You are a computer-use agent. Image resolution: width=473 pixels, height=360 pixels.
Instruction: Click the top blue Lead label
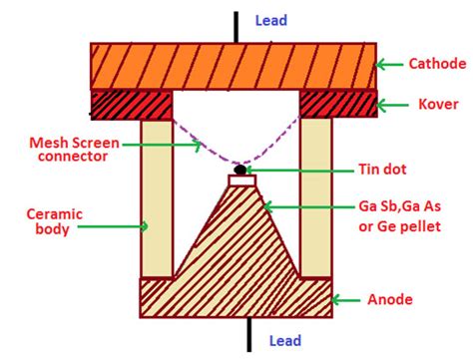270,19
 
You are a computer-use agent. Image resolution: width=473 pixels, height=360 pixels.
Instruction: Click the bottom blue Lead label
285,342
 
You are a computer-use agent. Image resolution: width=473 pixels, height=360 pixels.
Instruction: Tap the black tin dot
240,169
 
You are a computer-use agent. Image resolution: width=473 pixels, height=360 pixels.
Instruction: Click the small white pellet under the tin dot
242,181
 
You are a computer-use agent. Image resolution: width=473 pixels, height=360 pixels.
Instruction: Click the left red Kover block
131,103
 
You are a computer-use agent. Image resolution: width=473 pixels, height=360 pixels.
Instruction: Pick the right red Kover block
337,103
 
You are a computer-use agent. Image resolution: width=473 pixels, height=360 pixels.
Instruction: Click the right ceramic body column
315,197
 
